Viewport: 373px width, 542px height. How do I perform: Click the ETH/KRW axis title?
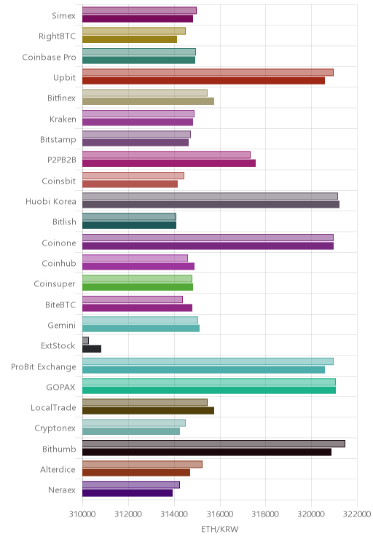[220, 529]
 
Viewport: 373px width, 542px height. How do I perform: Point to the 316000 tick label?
[220, 514]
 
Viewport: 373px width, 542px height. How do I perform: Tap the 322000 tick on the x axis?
[357, 514]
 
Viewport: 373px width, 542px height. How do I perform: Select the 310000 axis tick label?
[82, 514]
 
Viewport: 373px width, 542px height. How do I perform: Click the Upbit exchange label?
[64, 77]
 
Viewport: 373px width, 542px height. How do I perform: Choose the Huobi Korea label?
[50, 202]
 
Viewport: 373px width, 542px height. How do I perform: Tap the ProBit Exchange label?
[43, 366]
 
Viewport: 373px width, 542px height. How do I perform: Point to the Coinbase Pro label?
[49, 57]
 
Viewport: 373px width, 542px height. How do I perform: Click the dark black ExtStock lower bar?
[92, 349]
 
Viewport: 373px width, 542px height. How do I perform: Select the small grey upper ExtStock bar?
[85, 341]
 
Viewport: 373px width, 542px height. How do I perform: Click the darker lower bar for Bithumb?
[207, 452]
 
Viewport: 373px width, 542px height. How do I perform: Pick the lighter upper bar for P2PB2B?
[166, 155]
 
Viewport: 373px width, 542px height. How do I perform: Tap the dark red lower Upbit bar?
[203, 81]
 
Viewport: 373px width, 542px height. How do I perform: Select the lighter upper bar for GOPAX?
[209, 382]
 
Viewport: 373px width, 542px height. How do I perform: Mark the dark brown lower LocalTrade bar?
[148, 411]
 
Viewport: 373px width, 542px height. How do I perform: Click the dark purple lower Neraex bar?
[127, 493]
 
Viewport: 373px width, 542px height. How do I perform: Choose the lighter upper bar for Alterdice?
[142, 464]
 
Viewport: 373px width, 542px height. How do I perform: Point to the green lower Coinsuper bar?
[138, 287]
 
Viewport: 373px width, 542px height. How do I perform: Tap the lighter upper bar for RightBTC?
[134, 31]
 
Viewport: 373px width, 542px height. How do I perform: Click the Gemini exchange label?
[61, 325]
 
